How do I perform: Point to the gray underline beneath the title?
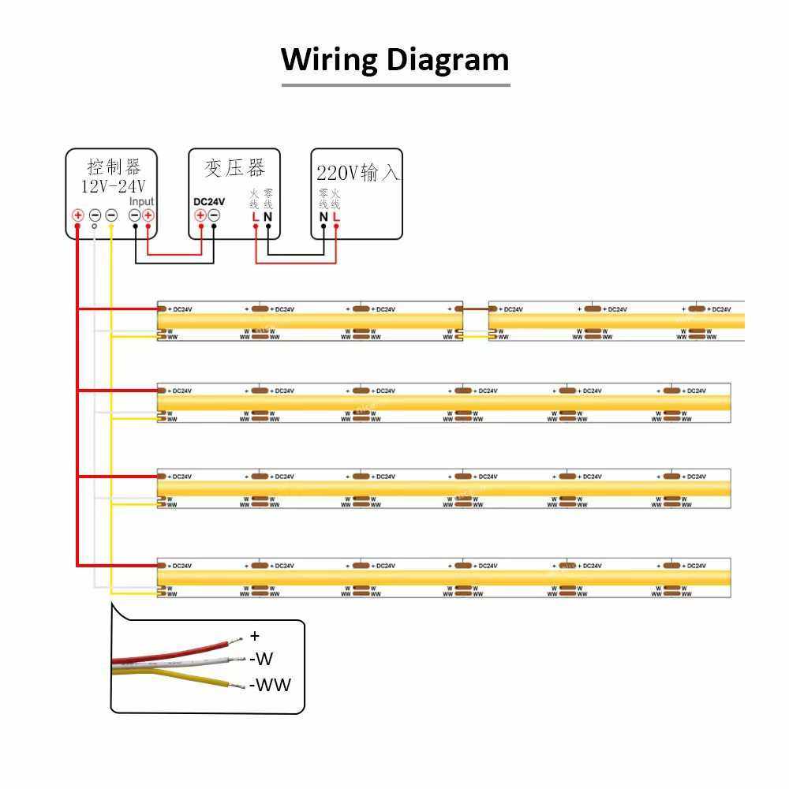(395, 84)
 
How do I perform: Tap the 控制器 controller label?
(114, 167)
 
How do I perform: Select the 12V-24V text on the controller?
(114, 186)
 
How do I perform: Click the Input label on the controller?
(141, 201)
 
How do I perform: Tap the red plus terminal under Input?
(148, 215)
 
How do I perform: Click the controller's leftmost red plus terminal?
(78, 215)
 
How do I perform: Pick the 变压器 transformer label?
(234, 167)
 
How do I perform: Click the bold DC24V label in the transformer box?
(209, 201)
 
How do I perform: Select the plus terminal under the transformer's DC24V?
(200, 215)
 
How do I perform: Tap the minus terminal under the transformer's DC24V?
(214, 215)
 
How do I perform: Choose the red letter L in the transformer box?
(255, 217)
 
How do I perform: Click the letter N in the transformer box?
(268, 217)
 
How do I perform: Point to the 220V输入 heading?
(357, 173)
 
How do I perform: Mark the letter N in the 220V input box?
(323, 217)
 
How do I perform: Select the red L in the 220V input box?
(336, 217)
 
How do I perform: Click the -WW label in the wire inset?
(270, 685)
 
